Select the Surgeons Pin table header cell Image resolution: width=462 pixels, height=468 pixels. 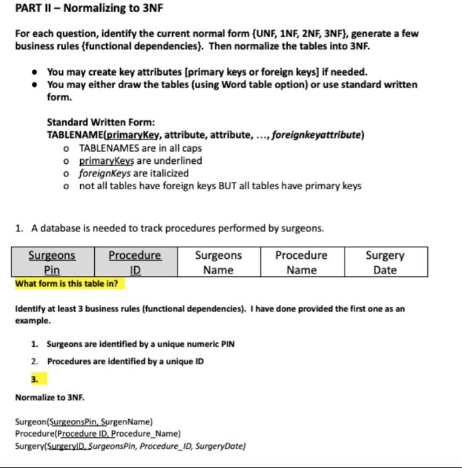(52, 262)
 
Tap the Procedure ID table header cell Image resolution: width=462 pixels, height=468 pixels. (135, 262)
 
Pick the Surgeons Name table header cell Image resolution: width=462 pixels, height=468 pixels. (218, 262)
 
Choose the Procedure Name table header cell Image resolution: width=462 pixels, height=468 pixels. (301, 262)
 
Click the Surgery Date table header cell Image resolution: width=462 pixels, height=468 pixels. (385, 262)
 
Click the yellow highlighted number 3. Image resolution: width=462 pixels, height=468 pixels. (35, 379)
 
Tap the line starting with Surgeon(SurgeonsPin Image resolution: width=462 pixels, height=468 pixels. (84, 422)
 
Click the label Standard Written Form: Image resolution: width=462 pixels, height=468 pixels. (101, 122)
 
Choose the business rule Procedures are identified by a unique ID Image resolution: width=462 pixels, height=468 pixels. (125, 361)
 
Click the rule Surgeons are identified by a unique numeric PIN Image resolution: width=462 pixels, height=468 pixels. (140, 344)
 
